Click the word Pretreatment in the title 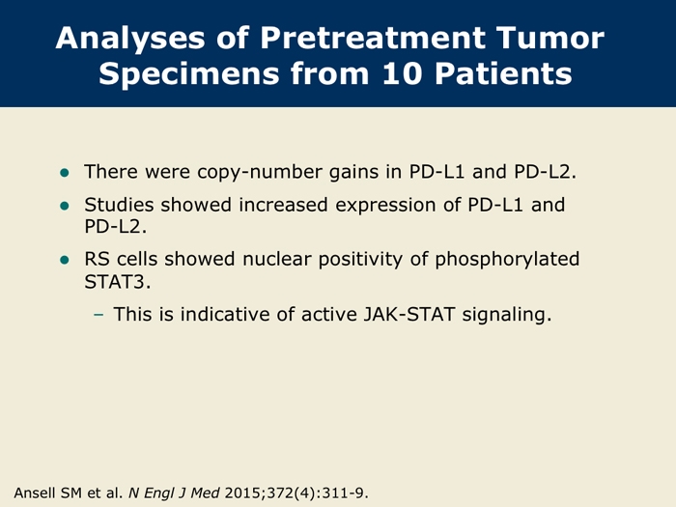[x=374, y=38]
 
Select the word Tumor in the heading [x=550, y=38]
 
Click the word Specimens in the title [x=189, y=74]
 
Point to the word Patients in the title [x=503, y=73]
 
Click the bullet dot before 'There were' [x=65, y=173]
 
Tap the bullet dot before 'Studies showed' [x=65, y=206]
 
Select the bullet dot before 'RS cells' [x=65, y=260]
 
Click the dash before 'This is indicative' [x=99, y=315]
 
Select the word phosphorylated [x=507, y=260]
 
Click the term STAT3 [x=117, y=282]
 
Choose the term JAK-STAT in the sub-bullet [x=409, y=314]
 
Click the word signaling [x=507, y=315]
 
